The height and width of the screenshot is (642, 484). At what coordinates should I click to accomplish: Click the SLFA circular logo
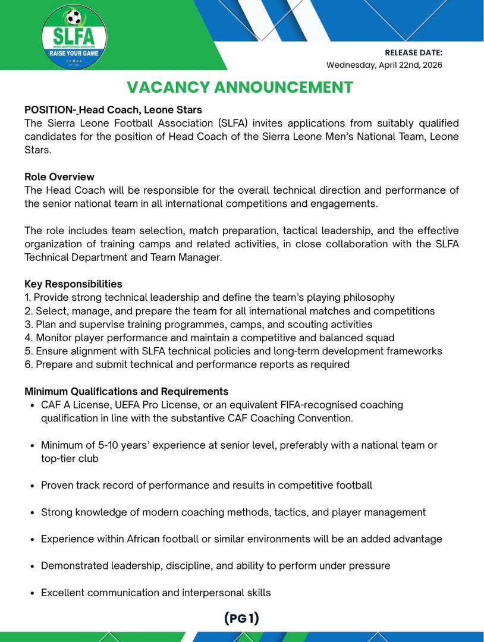pos(74,36)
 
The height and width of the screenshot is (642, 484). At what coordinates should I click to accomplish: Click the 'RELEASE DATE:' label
pos(413,53)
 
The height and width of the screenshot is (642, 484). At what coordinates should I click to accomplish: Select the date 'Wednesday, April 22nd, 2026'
pos(384,65)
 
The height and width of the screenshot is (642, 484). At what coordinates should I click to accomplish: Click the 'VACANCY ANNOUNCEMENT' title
pos(240,87)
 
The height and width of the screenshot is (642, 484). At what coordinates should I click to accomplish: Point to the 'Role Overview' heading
pos(59,177)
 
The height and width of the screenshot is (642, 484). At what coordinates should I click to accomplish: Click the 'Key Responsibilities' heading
pos(73,284)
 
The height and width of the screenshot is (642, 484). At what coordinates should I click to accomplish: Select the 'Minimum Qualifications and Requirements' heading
pos(126,391)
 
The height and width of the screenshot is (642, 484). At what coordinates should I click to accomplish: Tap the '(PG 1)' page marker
pos(241,618)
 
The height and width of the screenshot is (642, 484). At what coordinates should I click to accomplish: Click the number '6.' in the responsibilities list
pos(29,364)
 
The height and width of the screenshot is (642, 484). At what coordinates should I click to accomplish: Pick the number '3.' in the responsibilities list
pos(29,324)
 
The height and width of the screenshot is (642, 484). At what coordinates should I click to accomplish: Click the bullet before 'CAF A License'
pos(31,405)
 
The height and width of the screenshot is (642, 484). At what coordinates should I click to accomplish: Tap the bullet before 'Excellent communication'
pos(31,593)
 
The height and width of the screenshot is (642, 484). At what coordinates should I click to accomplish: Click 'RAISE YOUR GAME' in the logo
pos(74,53)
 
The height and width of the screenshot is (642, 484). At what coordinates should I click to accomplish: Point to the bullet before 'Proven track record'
pos(31,486)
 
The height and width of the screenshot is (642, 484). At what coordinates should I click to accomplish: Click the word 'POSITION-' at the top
pos(51,110)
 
